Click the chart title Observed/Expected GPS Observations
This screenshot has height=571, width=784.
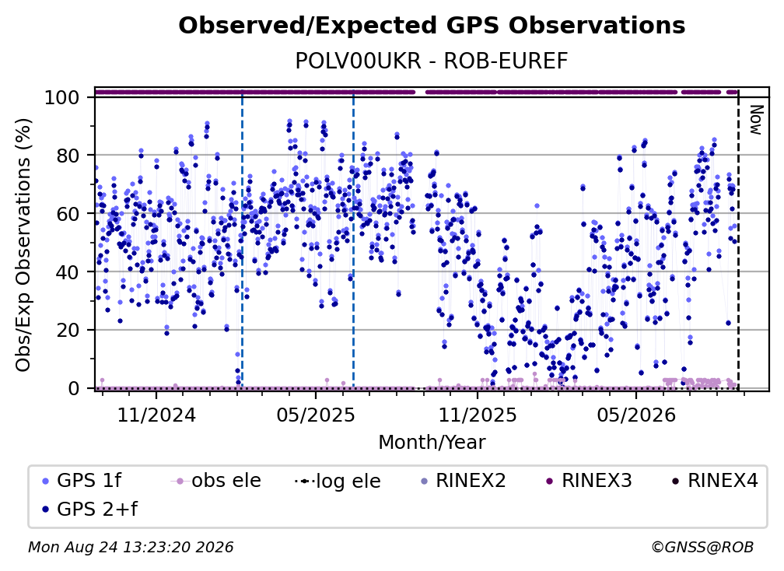(432, 26)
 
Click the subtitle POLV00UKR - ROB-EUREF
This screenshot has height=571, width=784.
(432, 61)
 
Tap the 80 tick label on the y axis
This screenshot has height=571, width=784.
(68, 156)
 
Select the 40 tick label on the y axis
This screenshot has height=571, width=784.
(68, 272)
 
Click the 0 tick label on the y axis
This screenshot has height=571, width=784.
(74, 388)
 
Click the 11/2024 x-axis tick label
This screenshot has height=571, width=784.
(156, 415)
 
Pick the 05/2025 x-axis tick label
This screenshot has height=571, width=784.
(316, 415)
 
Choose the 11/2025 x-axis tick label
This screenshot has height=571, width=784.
(478, 415)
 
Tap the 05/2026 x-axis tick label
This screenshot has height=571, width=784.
(636, 415)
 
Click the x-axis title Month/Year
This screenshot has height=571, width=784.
(432, 442)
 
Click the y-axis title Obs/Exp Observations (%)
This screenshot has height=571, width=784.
(23, 245)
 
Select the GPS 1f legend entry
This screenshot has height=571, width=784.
(82, 481)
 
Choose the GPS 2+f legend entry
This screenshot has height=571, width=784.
(89, 509)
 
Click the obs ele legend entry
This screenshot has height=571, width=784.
(216, 481)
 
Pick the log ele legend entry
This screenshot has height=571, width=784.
(338, 481)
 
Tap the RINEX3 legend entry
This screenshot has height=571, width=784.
(589, 481)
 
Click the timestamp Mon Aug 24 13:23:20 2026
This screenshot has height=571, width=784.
(131, 547)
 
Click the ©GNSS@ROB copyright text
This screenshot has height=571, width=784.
(702, 547)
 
